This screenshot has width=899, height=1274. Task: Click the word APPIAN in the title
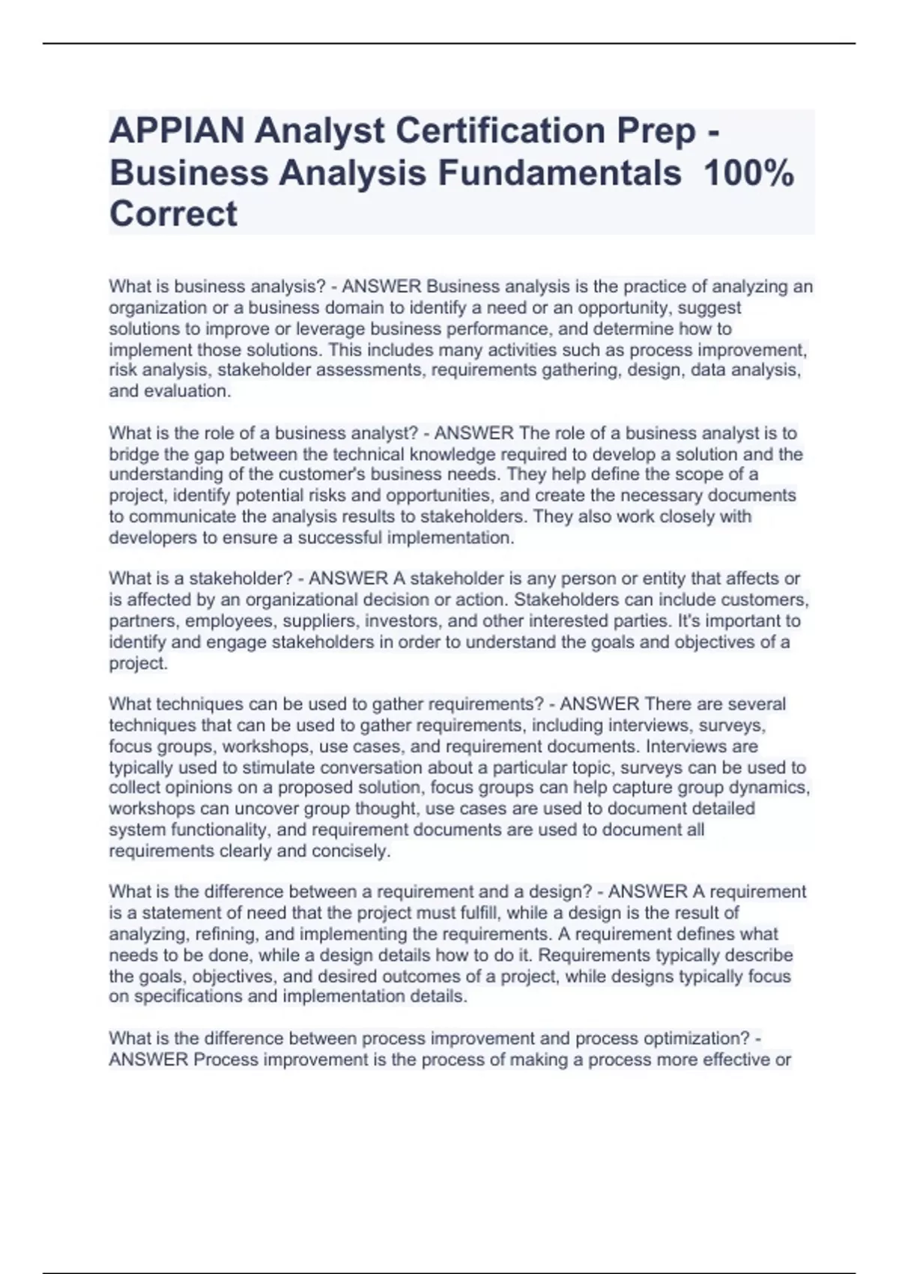click(176, 131)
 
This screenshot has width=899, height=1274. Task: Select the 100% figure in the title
click(749, 173)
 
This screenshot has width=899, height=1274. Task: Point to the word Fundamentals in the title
click(560, 173)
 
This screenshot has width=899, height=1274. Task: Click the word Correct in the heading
click(173, 214)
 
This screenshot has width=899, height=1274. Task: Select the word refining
click(225, 935)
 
